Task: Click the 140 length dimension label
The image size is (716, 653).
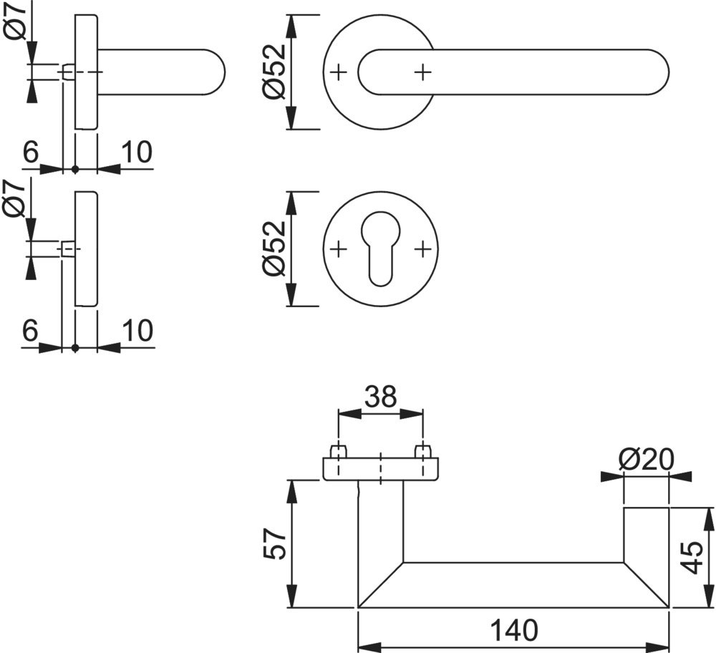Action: click(513, 630)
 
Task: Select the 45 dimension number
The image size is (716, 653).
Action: click(690, 557)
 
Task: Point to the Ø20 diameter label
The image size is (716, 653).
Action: click(646, 459)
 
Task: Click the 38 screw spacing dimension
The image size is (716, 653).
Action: click(380, 396)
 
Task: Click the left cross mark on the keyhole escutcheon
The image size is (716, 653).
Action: click(339, 248)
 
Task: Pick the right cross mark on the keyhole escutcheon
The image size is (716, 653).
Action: click(423, 248)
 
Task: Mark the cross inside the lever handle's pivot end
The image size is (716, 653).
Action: click(423, 72)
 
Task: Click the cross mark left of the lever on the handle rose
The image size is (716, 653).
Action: click(339, 72)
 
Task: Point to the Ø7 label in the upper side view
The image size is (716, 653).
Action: click(16, 21)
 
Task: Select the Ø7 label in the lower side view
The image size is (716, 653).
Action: click(16, 199)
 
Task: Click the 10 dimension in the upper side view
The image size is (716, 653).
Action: click(137, 153)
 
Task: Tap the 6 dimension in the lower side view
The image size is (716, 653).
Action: click(30, 331)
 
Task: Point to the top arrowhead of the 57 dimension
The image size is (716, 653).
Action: click(292, 488)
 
